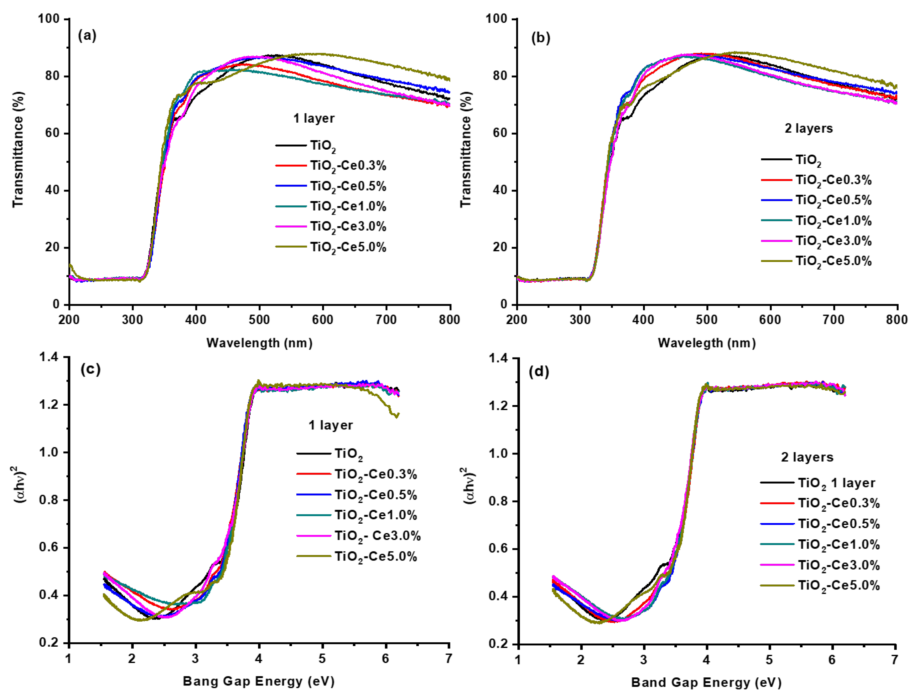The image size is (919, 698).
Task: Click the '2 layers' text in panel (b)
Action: [808, 128]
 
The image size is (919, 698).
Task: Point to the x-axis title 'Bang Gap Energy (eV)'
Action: [258, 681]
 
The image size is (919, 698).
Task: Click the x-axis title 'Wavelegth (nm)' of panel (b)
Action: [707, 343]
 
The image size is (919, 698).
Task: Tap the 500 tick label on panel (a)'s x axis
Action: [259, 320]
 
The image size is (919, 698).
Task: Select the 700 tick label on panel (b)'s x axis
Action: [833, 320]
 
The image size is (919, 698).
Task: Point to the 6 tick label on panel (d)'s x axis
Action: [832, 660]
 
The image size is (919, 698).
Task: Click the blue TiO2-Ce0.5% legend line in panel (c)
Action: [314, 495]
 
